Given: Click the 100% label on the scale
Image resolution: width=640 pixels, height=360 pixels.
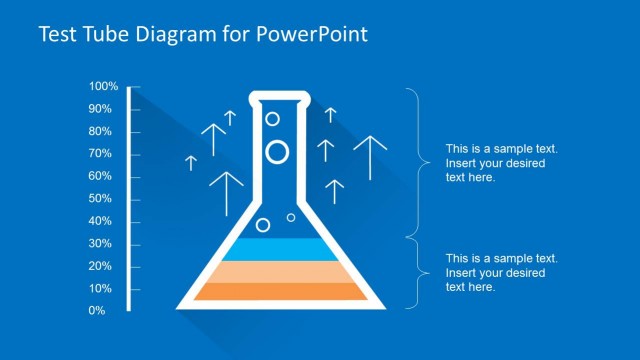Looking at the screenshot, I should pos(104,87).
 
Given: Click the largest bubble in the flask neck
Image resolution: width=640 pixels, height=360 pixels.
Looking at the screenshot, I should pos(277,152).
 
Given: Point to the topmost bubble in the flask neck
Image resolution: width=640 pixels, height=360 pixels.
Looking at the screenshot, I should pos(272,119).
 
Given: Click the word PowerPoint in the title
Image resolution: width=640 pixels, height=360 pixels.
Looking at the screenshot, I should pos(314,35).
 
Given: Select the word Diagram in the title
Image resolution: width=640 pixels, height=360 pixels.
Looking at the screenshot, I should pos(182,35).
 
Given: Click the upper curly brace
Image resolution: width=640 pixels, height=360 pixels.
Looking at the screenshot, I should pos(411,160).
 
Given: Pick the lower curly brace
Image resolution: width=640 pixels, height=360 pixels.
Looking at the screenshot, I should pos(411,272).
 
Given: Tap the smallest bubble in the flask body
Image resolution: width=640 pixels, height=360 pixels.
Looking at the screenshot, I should pos(291,217).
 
